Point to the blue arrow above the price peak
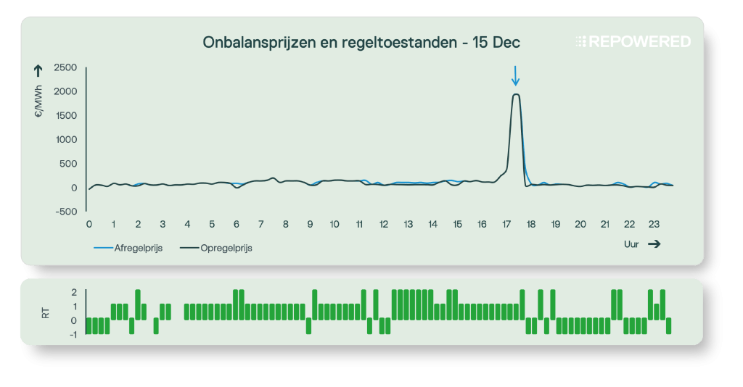click(515, 75)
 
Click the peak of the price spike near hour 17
click(516, 94)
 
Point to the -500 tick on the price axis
click(65, 212)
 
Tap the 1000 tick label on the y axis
click(65, 140)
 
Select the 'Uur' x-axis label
click(631, 245)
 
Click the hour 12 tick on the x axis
click(384, 225)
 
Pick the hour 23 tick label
click(654, 225)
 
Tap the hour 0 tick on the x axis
click(89, 225)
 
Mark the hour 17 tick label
click(506, 225)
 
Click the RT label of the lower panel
click(46, 313)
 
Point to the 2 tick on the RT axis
click(74, 292)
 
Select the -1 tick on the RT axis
click(73, 335)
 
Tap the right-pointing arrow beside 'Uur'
click(654, 245)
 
